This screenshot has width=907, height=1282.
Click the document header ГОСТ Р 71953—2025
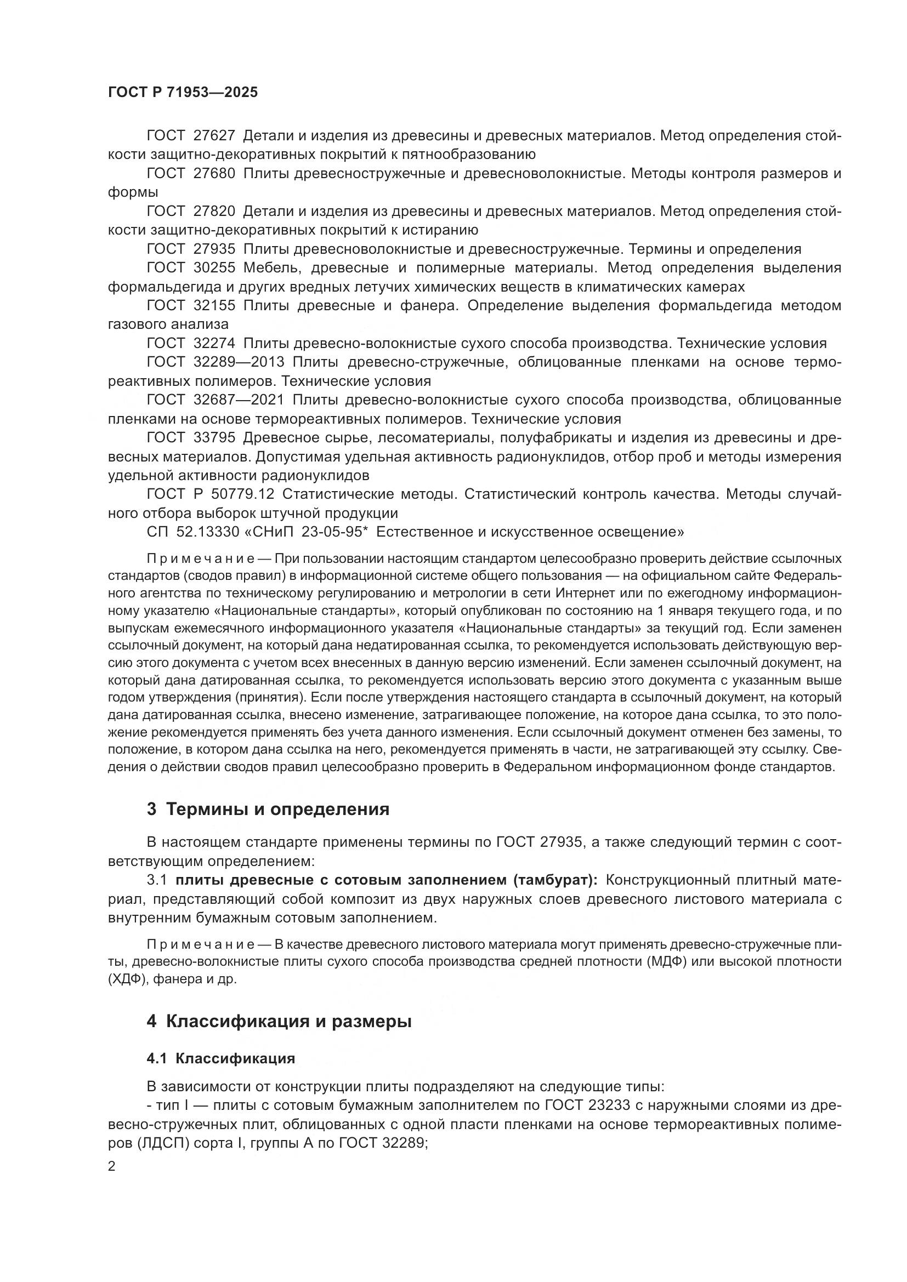tap(183, 93)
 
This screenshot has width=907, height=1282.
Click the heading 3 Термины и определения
tap(268, 809)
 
